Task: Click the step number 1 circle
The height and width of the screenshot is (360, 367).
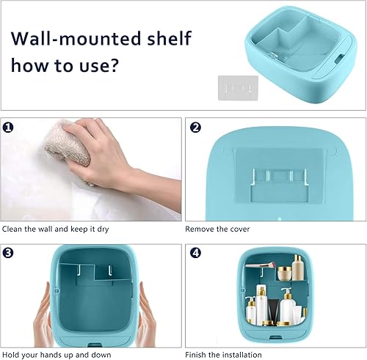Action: tap(8, 126)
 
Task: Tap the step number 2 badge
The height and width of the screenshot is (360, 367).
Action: tap(195, 126)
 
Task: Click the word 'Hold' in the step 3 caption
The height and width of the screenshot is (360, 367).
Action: tap(12, 353)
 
